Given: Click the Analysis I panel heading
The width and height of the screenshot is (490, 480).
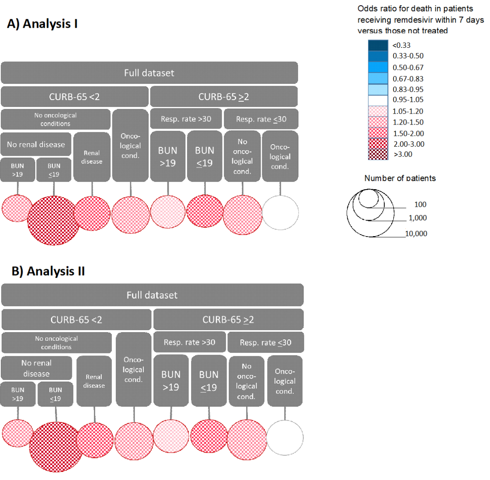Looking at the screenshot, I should click(x=42, y=24).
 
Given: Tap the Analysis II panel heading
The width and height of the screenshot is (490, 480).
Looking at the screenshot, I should click(x=48, y=271).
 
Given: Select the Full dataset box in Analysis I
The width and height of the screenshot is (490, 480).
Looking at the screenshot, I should click(x=149, y=73).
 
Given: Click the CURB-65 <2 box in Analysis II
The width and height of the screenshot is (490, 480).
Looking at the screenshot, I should click(x=76, y=319).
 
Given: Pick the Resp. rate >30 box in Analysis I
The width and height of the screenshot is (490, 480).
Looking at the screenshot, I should click(x=186, y=119).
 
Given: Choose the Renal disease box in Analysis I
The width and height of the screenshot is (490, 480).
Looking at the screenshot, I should click(x=92, y=157).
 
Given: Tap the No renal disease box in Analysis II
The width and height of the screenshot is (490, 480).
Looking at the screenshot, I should click(x=36, y=368).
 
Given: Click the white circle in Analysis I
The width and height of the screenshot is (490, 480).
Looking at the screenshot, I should click(x=280, y=213).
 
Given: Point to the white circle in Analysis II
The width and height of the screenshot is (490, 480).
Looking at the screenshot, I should click(x=285, y=438).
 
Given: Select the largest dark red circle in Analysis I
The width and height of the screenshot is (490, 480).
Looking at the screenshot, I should click(x=53, y=221).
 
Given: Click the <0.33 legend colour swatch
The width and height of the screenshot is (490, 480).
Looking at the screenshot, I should click(x=378, y=45).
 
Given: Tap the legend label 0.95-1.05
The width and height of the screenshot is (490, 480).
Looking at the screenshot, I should click(x=408, y=100).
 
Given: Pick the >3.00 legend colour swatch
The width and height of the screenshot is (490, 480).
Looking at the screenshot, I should click(x=378, y=154).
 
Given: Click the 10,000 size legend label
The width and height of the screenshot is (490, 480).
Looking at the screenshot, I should click(x=416, y=234).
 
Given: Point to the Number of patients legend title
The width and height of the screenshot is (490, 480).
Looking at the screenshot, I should click(x=400, y=178).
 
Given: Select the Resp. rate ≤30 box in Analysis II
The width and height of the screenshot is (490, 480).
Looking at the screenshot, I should click(x=265, y=342).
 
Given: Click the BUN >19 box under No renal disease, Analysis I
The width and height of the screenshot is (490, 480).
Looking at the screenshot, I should click(x=18, y=170).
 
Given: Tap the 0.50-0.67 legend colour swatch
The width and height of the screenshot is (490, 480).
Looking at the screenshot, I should click(x=378, y=67).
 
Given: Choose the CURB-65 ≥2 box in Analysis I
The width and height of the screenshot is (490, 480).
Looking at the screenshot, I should click(x=224, y=97).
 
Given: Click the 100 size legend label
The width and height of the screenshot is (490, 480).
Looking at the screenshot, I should click(x=420, y=205).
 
